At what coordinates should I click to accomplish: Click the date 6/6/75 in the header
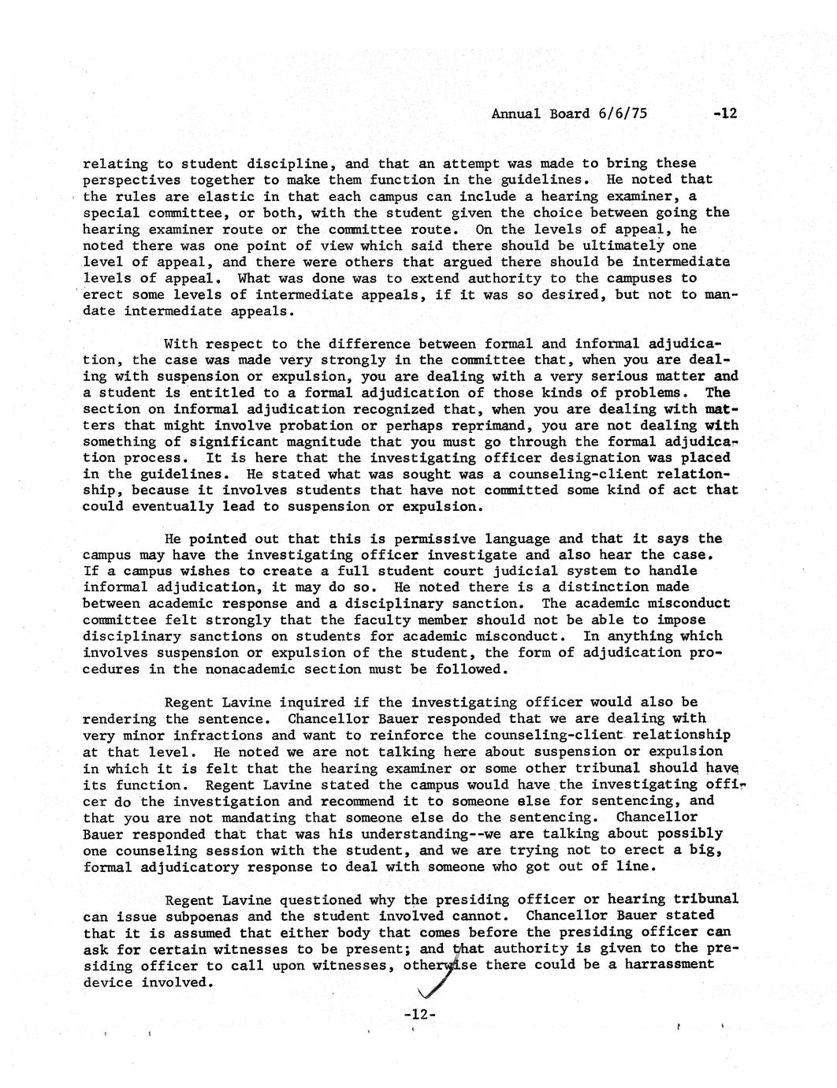pyautogui.click(x=622, y=114)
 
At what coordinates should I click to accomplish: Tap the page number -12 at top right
pyautogui.click(x=724, y=114)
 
